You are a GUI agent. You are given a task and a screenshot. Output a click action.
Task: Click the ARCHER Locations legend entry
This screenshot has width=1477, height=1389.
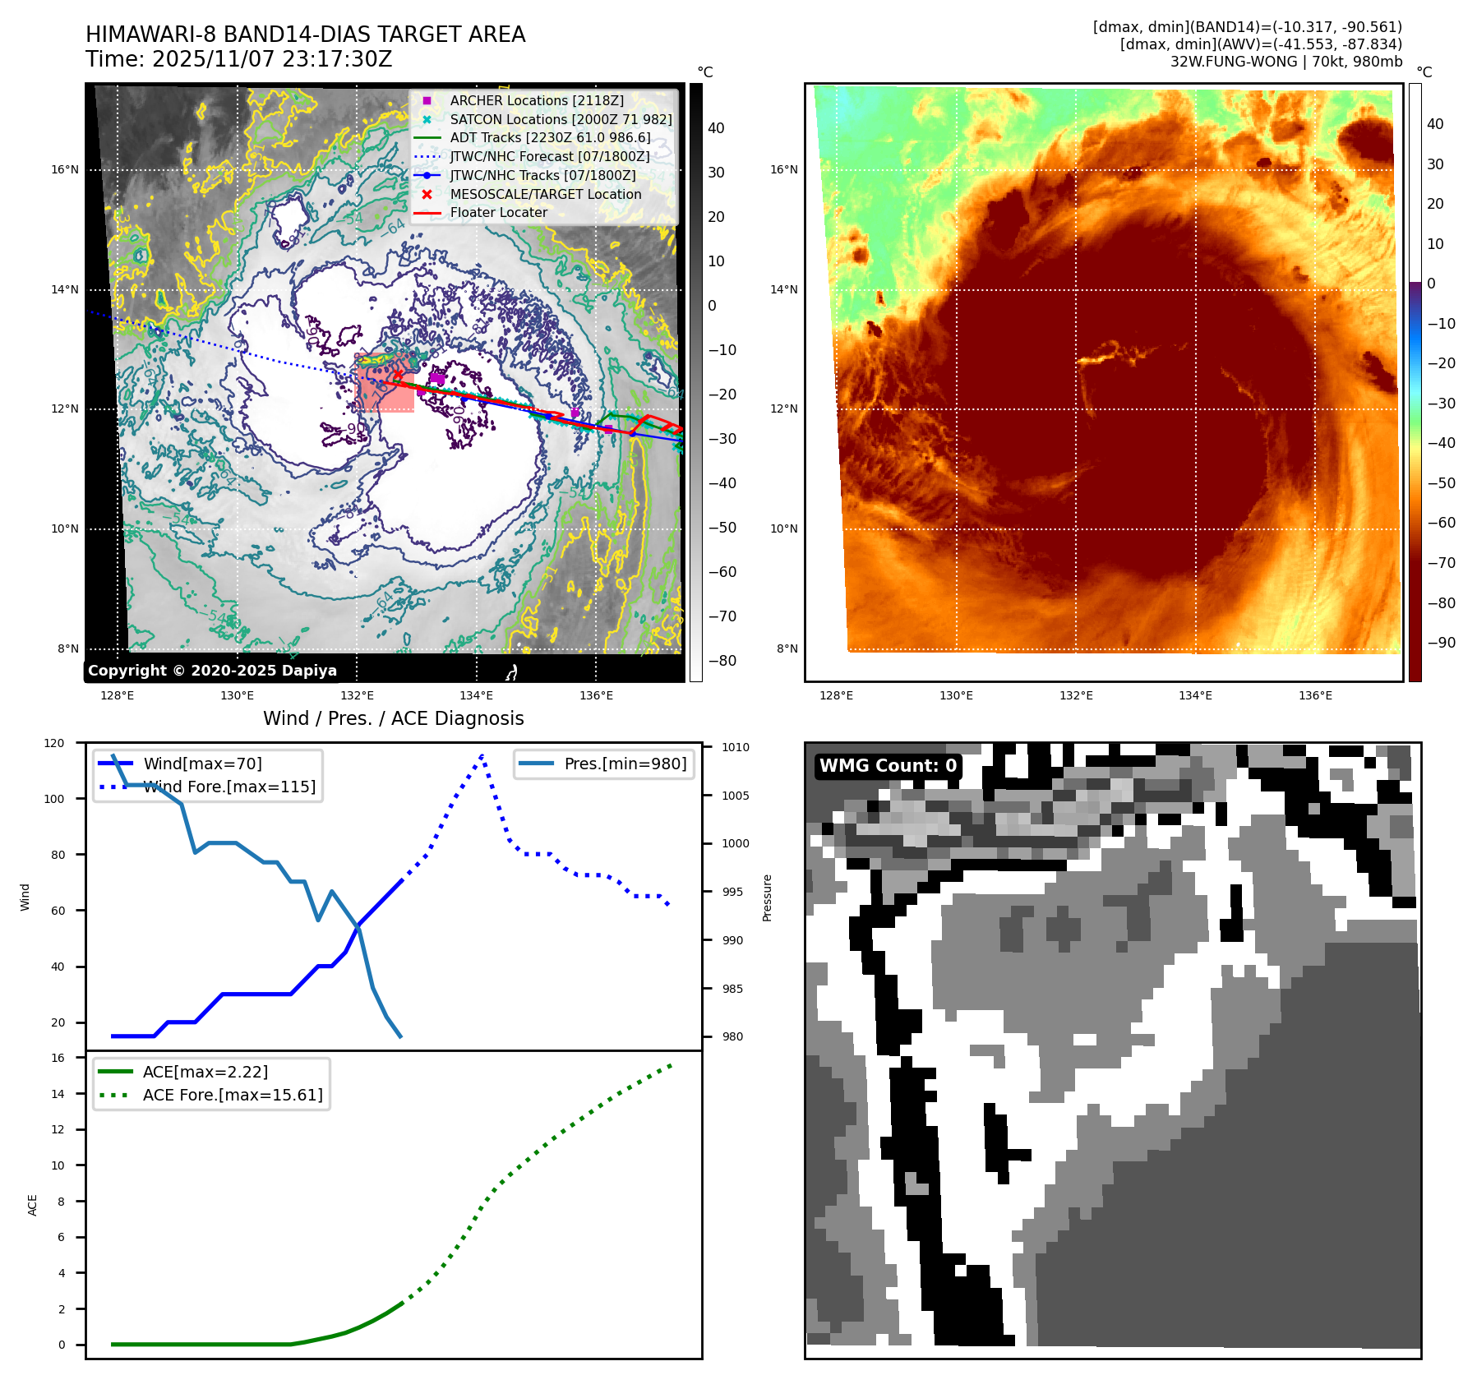pos(536,100)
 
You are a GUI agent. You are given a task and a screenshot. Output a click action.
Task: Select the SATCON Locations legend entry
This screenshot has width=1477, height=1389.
pos(561,119)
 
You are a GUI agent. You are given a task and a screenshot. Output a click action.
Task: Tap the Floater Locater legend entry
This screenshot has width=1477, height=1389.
pos(498,212)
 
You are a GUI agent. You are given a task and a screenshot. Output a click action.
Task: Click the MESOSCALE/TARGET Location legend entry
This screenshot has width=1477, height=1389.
pos(545,194)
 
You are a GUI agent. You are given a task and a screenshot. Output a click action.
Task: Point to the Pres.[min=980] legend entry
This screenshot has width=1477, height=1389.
pos(625,764)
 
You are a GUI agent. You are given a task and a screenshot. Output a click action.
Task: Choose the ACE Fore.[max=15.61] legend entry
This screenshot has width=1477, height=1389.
pos(233,1095)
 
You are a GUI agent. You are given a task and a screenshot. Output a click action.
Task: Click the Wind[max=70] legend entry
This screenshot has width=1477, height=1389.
pos(202,764)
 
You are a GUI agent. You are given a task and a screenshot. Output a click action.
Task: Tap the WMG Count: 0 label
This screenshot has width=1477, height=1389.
pos(888,766)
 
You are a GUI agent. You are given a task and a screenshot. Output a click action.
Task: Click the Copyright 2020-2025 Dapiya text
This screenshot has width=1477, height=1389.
pos(212,671)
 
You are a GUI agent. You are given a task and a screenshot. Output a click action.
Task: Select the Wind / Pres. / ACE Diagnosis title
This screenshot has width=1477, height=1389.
pos(393,718)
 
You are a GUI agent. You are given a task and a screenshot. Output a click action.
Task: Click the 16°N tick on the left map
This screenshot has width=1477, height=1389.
pos(65,170)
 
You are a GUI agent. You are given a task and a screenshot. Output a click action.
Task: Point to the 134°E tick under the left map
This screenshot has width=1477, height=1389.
pos(476,695)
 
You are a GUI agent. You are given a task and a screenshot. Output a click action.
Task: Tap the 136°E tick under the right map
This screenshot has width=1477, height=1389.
pos(1315,695)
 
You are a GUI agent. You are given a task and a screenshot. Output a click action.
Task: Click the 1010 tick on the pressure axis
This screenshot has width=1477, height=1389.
pos(736,747)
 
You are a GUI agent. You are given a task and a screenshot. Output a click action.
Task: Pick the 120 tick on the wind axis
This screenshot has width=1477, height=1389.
pos(54,743)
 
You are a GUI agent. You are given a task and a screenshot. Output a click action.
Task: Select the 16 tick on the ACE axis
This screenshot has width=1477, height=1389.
pos(58,1058)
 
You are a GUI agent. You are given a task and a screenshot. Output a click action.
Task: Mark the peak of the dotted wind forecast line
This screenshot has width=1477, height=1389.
pos(482,755)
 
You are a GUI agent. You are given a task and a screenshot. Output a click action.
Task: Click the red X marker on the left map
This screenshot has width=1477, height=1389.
pos(399,375)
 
